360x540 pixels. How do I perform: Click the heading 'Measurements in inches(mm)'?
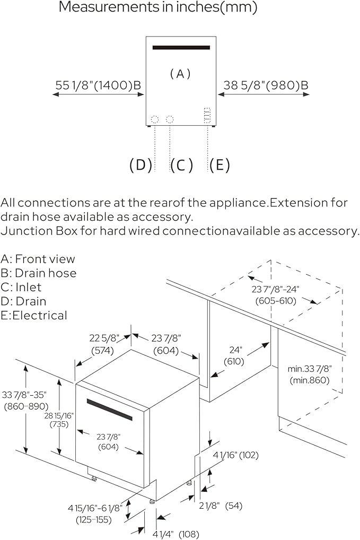[158, 7]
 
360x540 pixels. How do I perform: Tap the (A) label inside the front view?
[180, 74]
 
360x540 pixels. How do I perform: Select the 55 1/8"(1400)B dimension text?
[98, 85]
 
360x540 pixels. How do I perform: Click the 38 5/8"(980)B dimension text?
[264, 85]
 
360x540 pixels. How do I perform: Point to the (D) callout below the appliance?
[141, 165]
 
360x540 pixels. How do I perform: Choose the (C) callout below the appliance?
[181, 165]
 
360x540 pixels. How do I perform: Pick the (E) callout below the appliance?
[219, 165]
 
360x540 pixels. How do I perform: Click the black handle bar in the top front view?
[181, 47]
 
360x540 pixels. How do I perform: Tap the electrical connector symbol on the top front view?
[207, 116]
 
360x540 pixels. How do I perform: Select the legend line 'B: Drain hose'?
[39, 273]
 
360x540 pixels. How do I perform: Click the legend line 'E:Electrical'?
[34, 316]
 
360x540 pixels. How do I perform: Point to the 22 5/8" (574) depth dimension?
[104, 344]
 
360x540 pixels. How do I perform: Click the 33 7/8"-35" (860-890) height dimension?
[24, 400]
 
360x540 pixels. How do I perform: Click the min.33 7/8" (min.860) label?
[310, 374]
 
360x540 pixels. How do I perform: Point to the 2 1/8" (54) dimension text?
[227, 506]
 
